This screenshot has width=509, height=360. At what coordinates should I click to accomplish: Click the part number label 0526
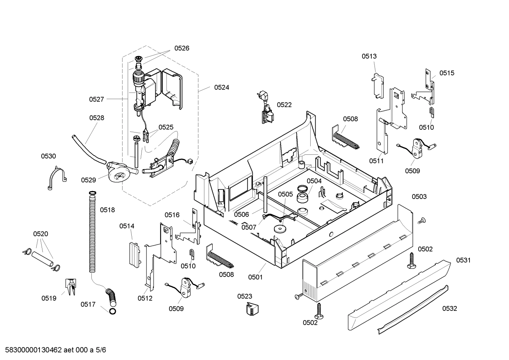point(181,48)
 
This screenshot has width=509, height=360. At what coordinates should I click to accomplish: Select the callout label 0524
point(221,87)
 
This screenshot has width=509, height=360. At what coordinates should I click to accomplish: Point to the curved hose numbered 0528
point(86,148)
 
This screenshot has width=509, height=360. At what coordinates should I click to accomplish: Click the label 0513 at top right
point(369,56)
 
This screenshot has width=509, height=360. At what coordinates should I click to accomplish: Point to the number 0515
point(447,73)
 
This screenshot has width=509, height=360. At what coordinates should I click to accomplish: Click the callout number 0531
point(463,260)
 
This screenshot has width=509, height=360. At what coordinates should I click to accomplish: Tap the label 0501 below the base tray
point(255,277)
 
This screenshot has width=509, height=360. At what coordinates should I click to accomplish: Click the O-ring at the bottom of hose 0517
point(113,311)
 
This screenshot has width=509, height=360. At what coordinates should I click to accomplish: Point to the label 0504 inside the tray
point(314,181)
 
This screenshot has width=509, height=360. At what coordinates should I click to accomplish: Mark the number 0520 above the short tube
point(41,234)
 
